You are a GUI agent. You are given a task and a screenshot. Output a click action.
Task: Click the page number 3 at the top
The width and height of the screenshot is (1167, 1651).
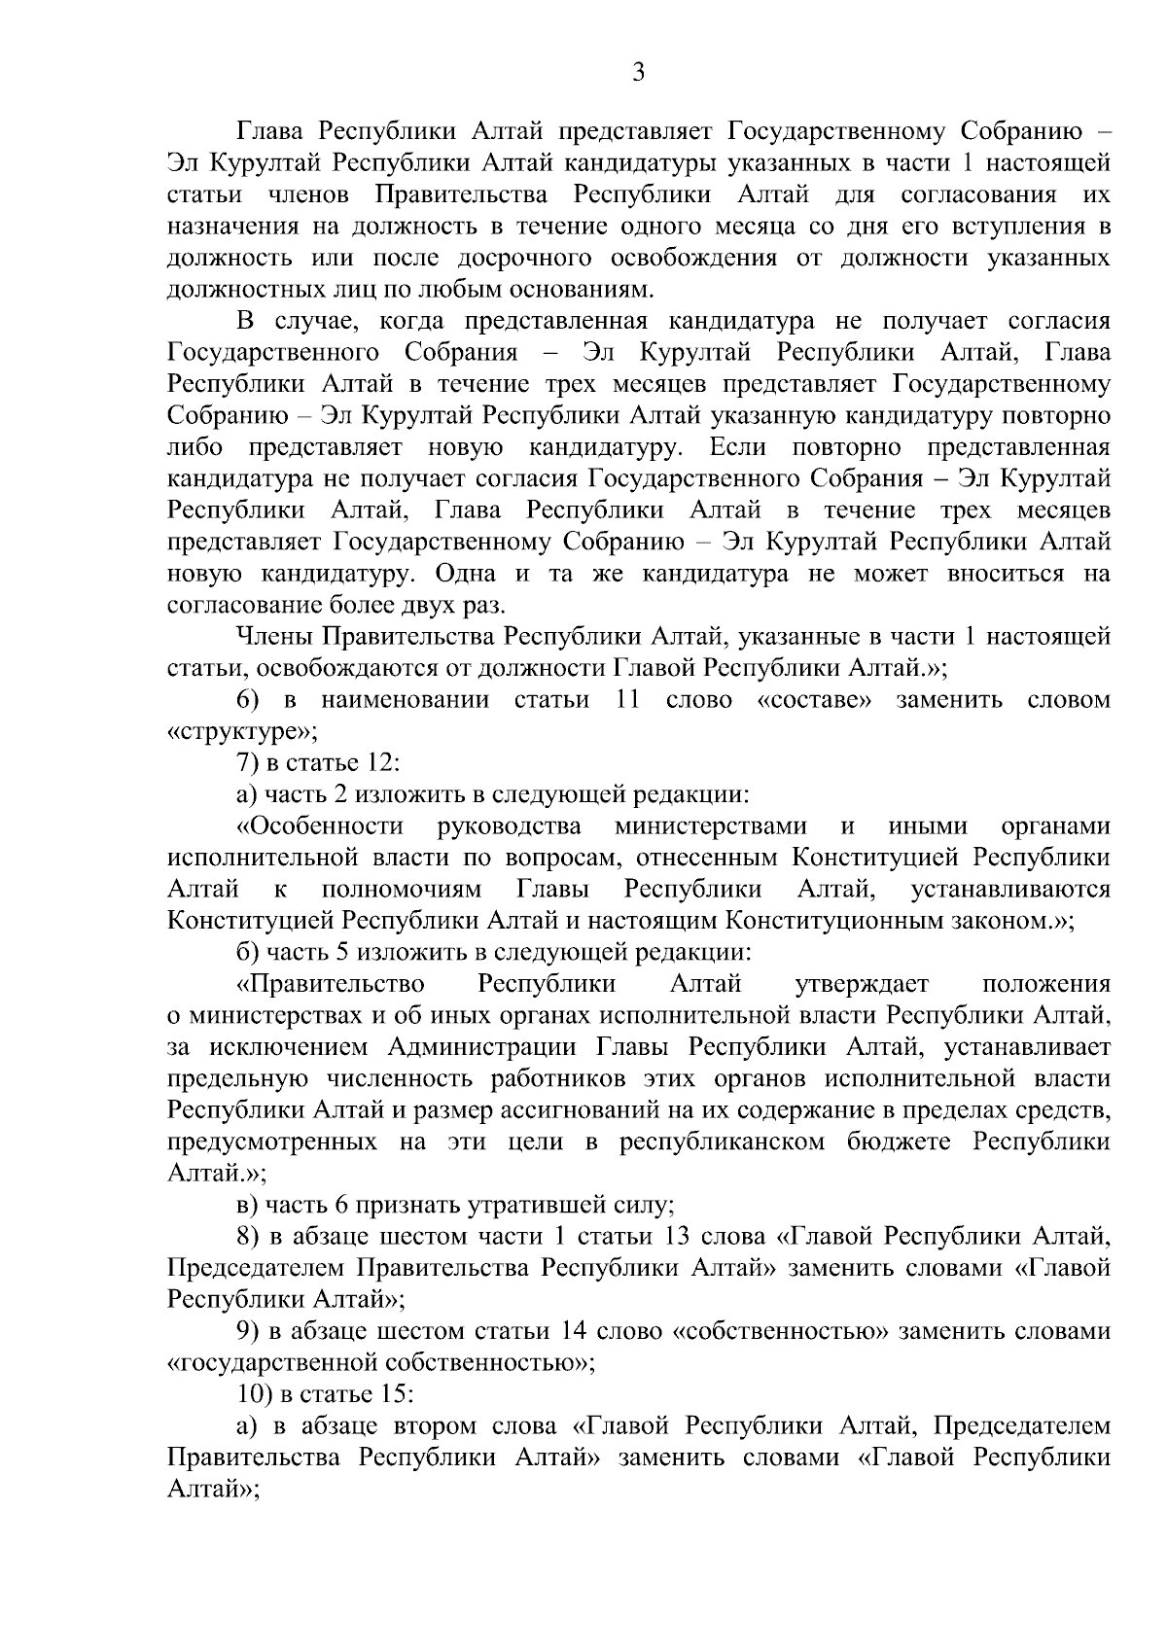[638, 74]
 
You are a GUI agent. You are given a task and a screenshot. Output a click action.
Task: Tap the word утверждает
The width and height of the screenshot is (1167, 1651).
[862, 984]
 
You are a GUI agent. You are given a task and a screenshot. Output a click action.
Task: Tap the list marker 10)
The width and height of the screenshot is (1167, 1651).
[254, 1394]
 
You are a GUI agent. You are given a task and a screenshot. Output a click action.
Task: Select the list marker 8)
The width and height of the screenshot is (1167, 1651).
[248, 1237]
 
